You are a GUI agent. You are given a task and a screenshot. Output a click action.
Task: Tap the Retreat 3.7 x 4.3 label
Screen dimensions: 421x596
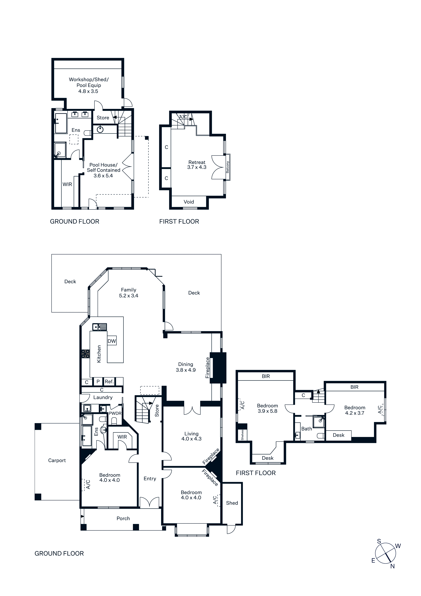coord(197,165)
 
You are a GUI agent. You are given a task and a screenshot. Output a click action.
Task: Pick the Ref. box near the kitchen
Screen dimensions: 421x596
coord(109,381)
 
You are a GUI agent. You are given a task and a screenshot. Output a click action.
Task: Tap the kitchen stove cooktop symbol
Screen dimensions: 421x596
coord(86,354)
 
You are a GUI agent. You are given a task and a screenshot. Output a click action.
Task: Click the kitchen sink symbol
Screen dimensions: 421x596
coord(100,327)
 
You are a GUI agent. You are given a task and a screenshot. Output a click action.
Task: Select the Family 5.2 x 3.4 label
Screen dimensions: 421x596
coord(129,293)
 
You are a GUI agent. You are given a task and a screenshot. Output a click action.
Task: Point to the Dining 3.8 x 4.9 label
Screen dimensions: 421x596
coord(186,367)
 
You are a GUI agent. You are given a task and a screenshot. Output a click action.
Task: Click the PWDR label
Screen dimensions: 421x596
coord(115,413)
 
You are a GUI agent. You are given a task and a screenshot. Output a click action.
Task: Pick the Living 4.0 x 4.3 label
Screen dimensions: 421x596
coord(191,436)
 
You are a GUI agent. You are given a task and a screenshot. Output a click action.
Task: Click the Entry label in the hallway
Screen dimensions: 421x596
coord(150,478)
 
